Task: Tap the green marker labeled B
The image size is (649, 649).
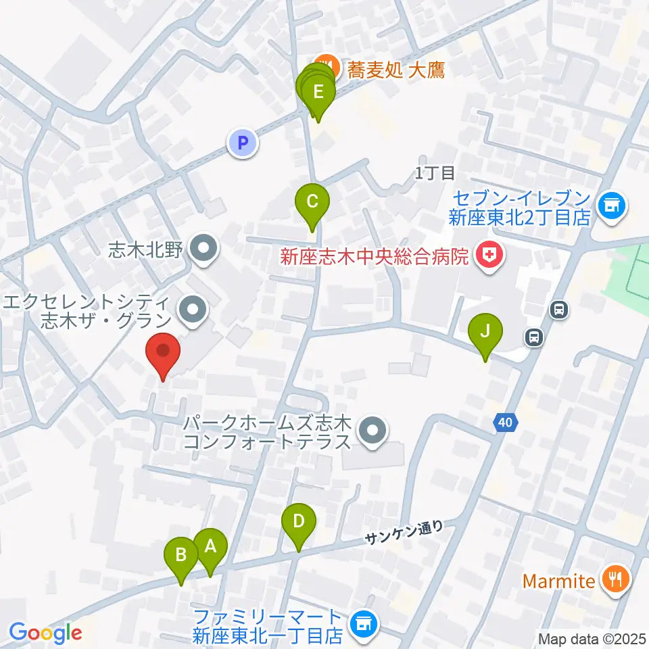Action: point(181,555)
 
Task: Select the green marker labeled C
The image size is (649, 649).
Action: point(312,201)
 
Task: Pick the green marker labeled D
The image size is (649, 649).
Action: point(299,521)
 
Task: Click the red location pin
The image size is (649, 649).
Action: point(163,352)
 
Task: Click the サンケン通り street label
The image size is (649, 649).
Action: point(404,533)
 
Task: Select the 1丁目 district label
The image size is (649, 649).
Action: point(435,173)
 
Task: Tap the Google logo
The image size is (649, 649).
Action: point(45,633)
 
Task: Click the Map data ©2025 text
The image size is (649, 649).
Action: point(592,638)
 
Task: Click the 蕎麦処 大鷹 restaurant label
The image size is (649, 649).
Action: point(396,70)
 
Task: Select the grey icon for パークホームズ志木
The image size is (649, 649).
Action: point(371,431)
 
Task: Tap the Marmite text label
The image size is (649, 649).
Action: point(563,580)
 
